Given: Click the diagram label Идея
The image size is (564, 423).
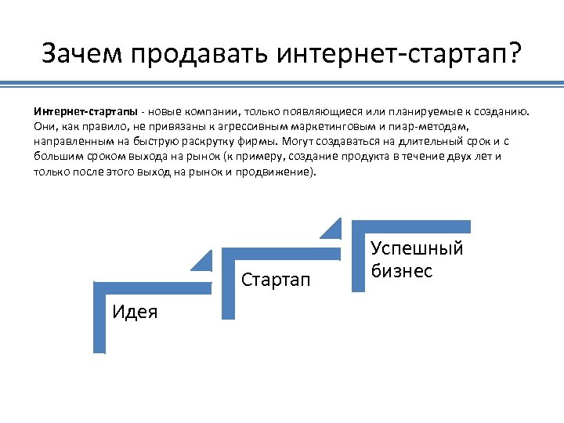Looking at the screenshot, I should pyautogui.click(x=135, y=312).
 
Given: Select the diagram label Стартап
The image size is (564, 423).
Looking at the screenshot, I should pyautogui.click(x=276, y=280).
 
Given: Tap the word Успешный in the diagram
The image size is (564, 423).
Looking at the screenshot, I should pyautogui.click(x=417, y=249).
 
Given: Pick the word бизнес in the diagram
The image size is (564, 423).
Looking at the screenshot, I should pyautogui.click(x=401, y=270).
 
